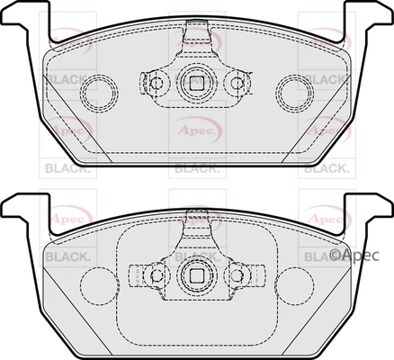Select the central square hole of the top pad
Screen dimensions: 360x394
193,83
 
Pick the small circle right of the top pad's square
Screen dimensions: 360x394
237,84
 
